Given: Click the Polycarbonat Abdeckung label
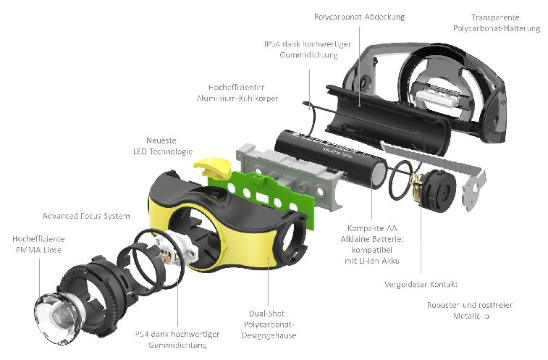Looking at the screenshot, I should [x=359, y=16].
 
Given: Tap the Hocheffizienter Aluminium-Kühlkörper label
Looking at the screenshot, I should [x=237, y=91].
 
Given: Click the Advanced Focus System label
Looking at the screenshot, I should [x=86, y=216].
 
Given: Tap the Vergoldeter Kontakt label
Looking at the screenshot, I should [x=421, y=284].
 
